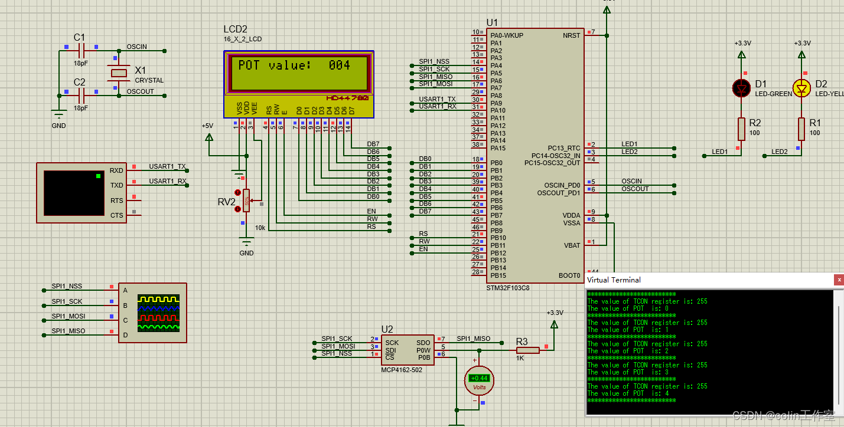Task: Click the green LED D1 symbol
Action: coord(742,88)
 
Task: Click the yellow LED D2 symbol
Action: coord(801,88)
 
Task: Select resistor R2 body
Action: coord(742,129)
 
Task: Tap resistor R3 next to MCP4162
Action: coord(527,350)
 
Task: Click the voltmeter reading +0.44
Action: coord(479,378)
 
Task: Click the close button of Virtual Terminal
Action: coord(838,280)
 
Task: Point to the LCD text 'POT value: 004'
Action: coord(294,65)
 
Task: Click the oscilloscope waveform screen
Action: coord(158,312)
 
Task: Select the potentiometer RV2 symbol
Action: coord(246,201)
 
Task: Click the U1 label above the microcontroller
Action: coord(492,23)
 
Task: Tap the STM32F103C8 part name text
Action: coord(507,288)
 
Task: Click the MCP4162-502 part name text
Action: coord(402,370)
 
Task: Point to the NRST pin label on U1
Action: coord(571,35)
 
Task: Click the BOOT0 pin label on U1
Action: coord(569,275)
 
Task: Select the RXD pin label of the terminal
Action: coord(116,170)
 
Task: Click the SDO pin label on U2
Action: coord(423,343)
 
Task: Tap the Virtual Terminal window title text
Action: coord(614,280)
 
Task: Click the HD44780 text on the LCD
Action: coord(347,98)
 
